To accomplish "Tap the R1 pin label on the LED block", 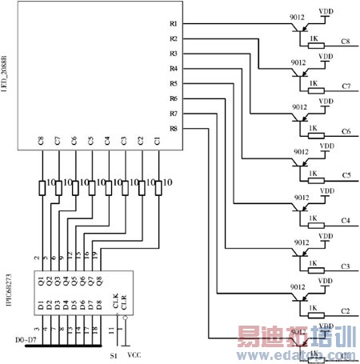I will (174, 25).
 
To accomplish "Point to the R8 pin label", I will (174, 129).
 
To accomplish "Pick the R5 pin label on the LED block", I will (174, 84).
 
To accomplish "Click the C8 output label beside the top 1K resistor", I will (346, 41).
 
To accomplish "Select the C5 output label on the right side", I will (346, 174).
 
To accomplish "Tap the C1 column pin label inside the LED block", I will (158, 141).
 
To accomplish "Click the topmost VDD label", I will (326, 12).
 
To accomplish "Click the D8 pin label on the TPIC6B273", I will (97, 304).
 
